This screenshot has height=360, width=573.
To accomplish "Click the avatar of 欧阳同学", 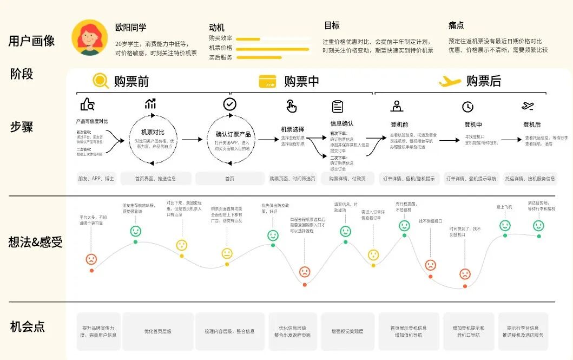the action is pos(89,37).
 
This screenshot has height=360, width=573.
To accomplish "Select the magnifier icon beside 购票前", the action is pos(101,81).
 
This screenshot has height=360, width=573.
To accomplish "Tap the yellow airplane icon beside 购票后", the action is pos(450,81).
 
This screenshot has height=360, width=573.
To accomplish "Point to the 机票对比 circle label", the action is pos(153,132).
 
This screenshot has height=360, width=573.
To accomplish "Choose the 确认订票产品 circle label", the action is pos(229,134).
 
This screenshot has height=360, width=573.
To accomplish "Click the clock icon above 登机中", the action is pos(467,107).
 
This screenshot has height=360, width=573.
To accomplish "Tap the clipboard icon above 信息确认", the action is pos(338,106).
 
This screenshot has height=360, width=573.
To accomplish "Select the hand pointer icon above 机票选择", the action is pos(292,106).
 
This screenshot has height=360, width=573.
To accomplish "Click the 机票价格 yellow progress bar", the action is pos(272,49).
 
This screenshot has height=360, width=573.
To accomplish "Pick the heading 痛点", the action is pos(456,25).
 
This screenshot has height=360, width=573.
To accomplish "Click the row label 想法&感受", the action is pos(36,242).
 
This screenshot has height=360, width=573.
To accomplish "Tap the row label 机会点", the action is pos(28,326).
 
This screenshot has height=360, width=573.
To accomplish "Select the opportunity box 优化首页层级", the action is pos(157,331).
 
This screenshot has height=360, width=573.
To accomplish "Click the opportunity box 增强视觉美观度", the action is pos(347,331).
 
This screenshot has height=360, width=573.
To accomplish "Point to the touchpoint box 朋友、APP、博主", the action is pos(96,179).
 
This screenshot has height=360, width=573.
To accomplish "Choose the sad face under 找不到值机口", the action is pos(430,265).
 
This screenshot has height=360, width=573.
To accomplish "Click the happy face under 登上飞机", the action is pos(505,226).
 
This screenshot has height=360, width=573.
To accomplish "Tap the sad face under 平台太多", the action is pos(91,259).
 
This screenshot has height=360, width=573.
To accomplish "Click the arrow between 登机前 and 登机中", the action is pos(449,141).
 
